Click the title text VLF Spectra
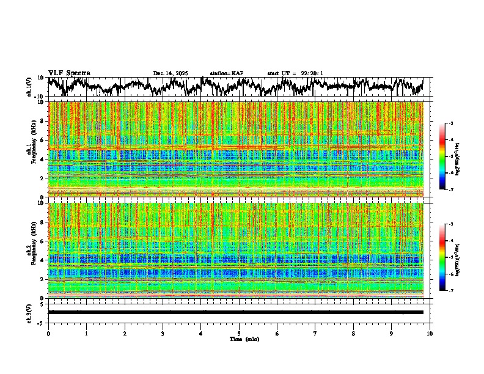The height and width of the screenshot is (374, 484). point(69,73)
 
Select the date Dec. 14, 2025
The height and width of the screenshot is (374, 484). point(170,73)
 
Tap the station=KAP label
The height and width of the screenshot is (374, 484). point(226,73)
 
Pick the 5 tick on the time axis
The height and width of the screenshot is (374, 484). point(239,333)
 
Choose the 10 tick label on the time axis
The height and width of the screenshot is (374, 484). point(430,333)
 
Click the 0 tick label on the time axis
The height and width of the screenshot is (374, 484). point(48,333)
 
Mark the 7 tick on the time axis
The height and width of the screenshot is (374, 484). point(315,333)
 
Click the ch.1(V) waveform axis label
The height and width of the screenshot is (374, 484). point(29,87)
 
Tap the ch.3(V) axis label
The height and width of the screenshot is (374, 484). point(29,312)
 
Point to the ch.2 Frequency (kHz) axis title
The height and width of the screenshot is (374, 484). point(29,250)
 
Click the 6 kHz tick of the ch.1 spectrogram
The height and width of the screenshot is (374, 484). point(42,140)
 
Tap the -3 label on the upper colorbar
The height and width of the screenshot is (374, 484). point(458,123)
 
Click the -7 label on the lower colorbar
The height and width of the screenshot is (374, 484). point(458,291)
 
